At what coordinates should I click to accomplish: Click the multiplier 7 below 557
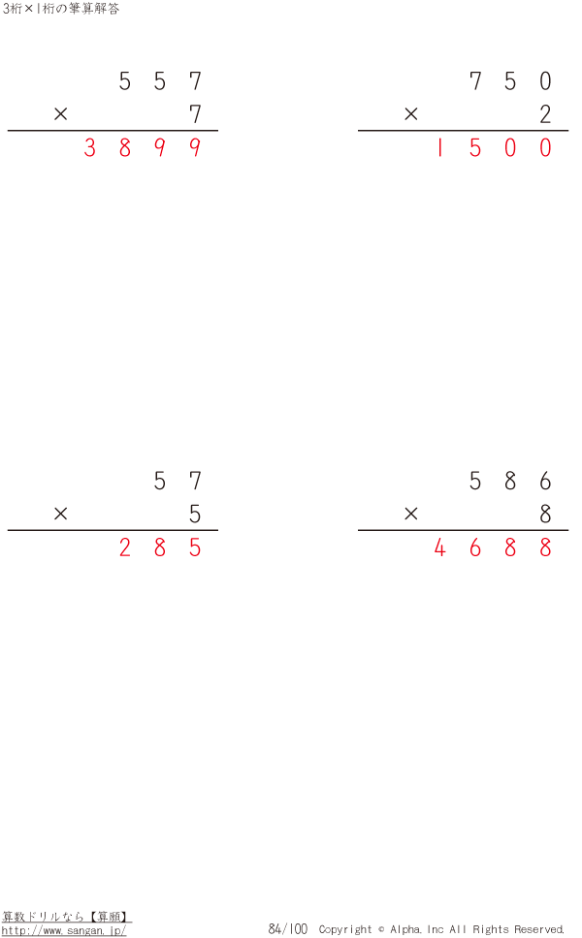[x=195, y=113]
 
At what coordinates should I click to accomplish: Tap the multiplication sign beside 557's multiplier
[x=60, y=113]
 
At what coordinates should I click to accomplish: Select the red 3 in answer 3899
[x=90, y=147]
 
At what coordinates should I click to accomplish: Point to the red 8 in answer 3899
[x=124, y=147]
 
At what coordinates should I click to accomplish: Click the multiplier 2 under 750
[x=545, y=113]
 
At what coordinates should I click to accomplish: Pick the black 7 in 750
[x=475, y=80]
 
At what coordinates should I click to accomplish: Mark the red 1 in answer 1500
[x=440, y=147]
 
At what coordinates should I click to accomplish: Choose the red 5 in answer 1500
[x=475, y=147]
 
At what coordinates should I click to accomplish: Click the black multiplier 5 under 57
[x=195, y=514]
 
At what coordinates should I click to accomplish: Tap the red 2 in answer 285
[x=124, y=547]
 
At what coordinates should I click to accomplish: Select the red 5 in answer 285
[x=195, y=547]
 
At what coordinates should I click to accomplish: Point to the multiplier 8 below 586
[x=545, y=514]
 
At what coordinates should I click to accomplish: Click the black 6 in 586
[x=545, y=481]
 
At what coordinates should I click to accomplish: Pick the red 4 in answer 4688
[x=440, y=547]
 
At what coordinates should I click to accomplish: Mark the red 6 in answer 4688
[x=475, y=547]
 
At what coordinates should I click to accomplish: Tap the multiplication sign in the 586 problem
[x=410, y=514]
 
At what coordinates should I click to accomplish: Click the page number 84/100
[x=288, y=928]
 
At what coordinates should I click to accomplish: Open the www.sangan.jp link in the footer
[x=64, y=930]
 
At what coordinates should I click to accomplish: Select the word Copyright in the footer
[x=345, y=929]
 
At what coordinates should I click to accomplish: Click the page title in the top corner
[x=60, y=9]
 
